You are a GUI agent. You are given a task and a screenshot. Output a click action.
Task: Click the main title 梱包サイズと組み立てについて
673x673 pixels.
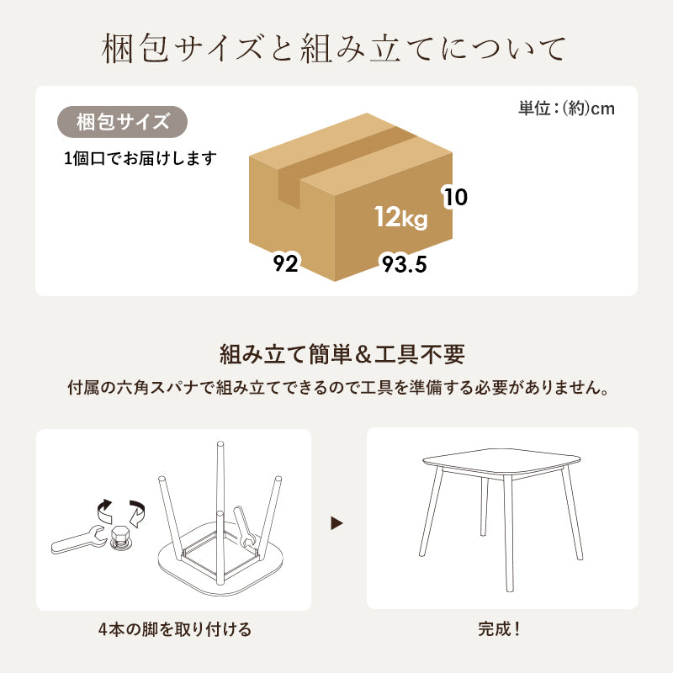click(336, 49)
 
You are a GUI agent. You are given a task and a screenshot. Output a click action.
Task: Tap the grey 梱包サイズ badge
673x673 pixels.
click(122, 123)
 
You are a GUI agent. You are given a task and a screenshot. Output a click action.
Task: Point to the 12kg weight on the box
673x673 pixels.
click(401, 218)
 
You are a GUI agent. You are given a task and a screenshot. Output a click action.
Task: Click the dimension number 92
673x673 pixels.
click(286, 264)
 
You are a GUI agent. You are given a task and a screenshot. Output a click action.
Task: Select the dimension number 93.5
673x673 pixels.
click(404, 265)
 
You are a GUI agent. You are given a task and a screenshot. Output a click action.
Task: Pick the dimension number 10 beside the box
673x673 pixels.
click(455, 198)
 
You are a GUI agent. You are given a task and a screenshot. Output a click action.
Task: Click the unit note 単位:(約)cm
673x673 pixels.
click(565, 109)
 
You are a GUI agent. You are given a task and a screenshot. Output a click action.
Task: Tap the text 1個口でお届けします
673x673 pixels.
click(140, 158)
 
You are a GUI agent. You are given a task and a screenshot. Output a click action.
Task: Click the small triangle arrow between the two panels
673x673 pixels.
click(337, 523)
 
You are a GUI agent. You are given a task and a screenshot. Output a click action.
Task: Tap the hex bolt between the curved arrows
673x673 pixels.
click(119, 536)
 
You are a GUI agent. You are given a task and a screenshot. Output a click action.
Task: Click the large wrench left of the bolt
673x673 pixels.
click(77, 539)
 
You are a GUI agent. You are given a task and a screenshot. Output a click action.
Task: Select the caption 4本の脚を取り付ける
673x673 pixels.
click(174, 629)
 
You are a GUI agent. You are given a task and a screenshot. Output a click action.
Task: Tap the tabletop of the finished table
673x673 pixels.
click(501, 458)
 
